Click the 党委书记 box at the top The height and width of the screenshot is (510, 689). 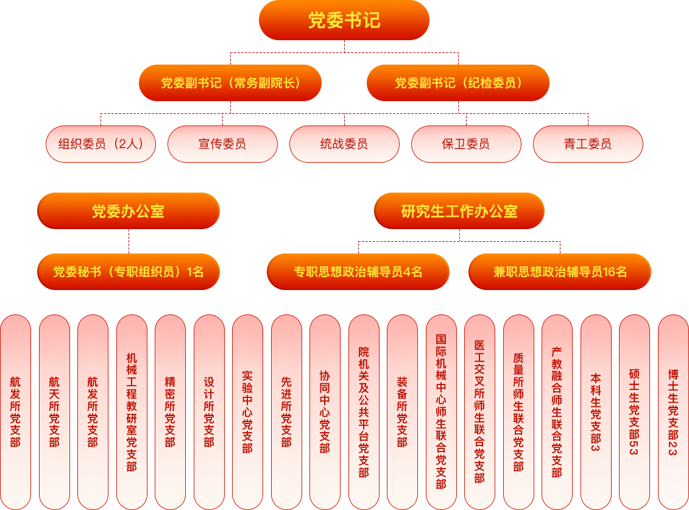coord(344,21)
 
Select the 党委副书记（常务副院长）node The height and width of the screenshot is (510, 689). coord(230,83)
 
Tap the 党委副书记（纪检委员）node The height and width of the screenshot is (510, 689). coord(458,83)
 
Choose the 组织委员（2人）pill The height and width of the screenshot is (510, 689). coord(101,144)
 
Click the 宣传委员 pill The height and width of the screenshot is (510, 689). coord(222,144)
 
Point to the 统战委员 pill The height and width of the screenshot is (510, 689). coord(344,144)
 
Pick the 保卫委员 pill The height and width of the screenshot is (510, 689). coord(466,144)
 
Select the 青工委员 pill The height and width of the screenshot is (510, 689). coord(588,144)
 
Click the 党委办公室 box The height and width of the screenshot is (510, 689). coord(129,211)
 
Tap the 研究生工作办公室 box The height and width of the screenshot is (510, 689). coord(459,211)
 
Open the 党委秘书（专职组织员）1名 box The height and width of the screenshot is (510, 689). coord(129,272)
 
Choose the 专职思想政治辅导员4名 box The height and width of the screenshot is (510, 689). coord(358,272)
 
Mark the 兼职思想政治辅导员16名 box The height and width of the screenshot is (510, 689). coord(560,272)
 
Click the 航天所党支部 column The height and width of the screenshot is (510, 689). coord(54,412)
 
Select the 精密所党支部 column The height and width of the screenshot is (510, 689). coord(170,412)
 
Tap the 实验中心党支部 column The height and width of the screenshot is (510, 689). coord(247,412)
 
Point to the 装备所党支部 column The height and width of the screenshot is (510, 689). coord(402,412)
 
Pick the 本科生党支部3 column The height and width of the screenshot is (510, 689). coord(596,412)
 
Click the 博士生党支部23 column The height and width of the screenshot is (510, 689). coord(673,412)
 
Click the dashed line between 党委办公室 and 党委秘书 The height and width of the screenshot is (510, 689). coord(129,241)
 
